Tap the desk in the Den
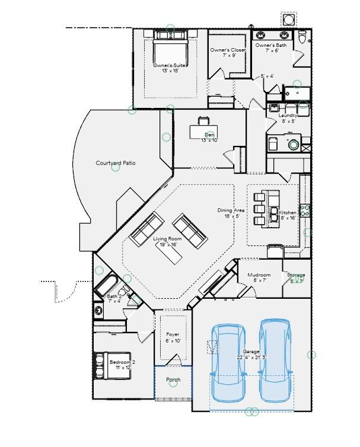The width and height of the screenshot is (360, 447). click(203, 131)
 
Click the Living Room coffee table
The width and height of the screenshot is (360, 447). click(170, 253)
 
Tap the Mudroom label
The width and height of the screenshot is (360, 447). click(259, 275)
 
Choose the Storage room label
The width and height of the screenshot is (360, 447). click(296, 275)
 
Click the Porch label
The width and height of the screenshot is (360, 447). click(173, 379)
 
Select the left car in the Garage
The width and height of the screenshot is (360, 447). click(226, 362)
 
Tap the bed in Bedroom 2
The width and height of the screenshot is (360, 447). click(118, 363)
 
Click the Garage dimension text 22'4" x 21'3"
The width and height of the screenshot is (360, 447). click(251, 357)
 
